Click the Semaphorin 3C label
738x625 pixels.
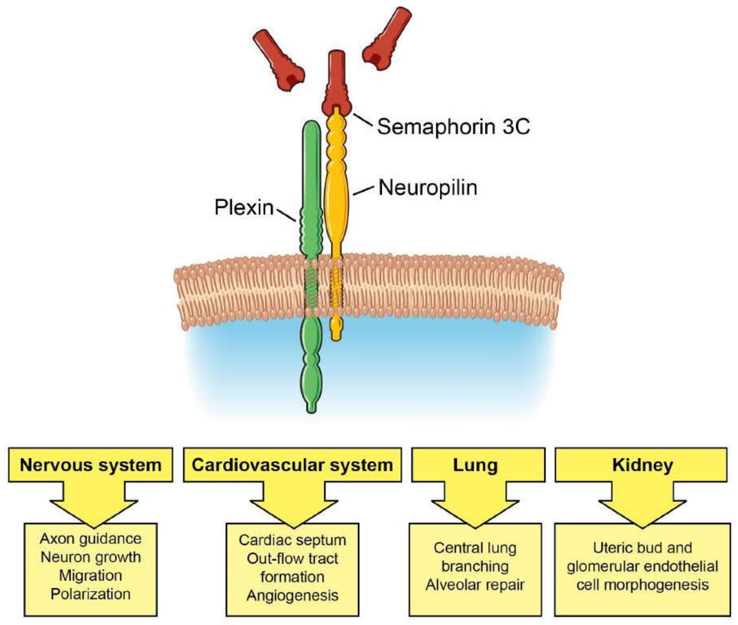(453, 126)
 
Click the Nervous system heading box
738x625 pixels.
(91, 465)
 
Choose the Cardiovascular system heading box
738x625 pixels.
(292, 465)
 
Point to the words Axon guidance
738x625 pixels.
(91, 539)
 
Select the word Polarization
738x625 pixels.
(91, 594)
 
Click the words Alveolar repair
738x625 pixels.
(475, 585)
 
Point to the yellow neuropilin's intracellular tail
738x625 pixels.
(336, 328)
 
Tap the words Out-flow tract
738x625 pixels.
(292, 559)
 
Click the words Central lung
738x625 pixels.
(475, 548)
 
